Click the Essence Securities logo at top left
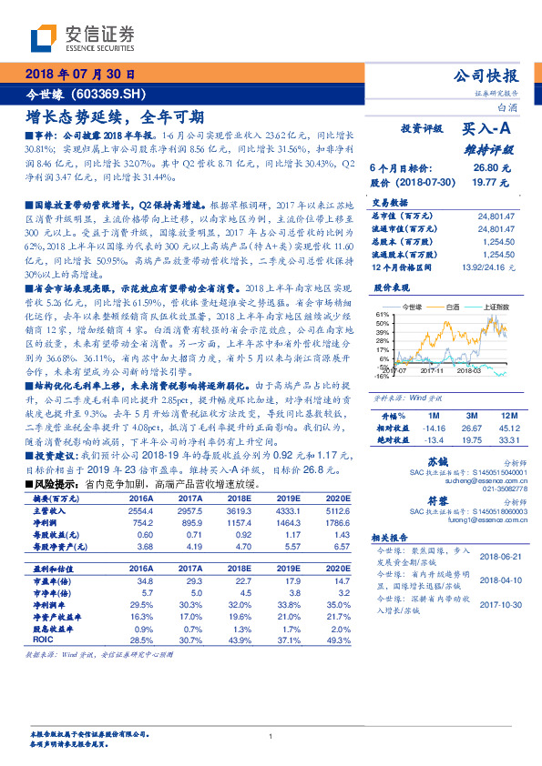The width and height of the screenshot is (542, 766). [82, 37]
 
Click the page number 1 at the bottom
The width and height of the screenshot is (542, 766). [271, 736]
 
